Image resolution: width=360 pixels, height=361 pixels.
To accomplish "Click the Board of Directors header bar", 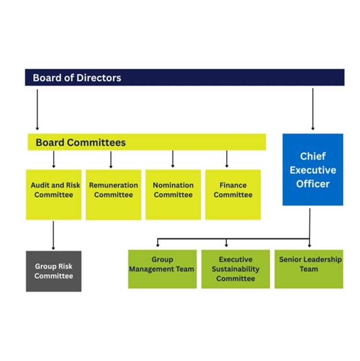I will pos(184,77).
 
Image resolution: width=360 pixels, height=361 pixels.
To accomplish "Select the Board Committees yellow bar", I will pos(146,142).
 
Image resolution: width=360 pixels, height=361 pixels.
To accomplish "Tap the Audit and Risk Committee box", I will pos(53,194).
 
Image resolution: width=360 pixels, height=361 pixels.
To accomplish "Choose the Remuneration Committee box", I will pos(113,194).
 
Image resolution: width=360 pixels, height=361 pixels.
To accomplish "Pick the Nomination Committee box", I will pos(173,194).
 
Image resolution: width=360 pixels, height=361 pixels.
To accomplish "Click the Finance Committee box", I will pos(233,194).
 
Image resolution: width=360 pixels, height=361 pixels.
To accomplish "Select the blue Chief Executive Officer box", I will pos(312,169).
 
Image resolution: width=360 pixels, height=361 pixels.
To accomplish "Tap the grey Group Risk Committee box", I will pos(53,271).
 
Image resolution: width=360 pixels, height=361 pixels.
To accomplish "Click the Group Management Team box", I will pos(162,269).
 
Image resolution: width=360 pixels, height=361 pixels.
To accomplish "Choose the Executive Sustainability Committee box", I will pos(235,269).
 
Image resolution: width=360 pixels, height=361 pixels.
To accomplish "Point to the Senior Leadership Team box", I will pos(309,269).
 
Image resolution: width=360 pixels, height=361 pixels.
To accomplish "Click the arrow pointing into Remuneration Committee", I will pos(111,159).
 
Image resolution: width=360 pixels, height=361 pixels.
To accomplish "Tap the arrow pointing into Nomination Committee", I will pos(173,159).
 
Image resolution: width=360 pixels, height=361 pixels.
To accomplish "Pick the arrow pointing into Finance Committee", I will pos(227,159).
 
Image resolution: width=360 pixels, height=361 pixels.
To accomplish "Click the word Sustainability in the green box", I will pos(235,269).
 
